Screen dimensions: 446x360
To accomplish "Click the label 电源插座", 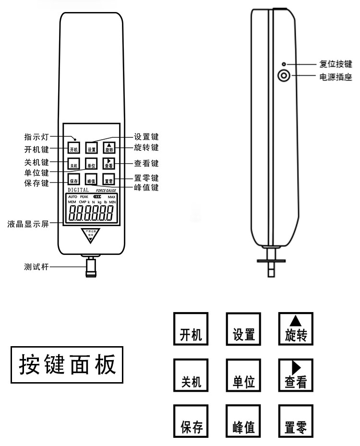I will (x=336, y=76).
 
